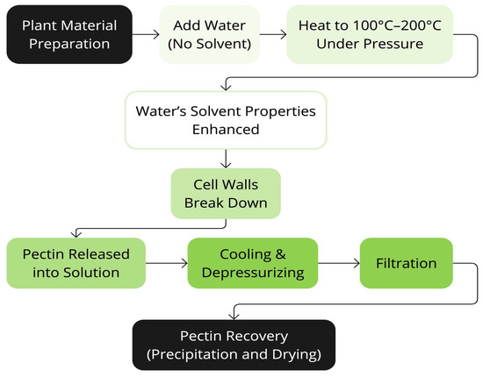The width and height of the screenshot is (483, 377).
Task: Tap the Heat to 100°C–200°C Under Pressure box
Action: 370,35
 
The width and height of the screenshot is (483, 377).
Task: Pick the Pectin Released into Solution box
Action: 76,263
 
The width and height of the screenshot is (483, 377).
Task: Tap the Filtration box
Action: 407,263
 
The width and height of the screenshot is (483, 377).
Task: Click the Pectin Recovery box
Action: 233,345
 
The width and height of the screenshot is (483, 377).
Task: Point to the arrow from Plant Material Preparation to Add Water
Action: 145,35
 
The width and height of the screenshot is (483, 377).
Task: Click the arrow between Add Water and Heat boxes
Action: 273,35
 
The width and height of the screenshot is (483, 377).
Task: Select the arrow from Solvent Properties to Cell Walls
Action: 227,158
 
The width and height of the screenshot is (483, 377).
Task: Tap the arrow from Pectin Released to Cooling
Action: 167,263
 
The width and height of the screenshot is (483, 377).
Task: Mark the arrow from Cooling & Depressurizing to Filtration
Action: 335,263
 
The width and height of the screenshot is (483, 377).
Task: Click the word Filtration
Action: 407,263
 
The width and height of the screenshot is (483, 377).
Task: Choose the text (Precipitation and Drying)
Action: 233,355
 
